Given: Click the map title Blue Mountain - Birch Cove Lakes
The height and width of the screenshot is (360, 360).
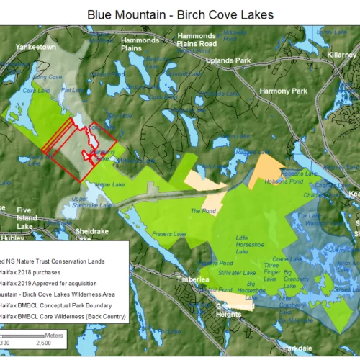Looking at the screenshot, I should pyautogui.click(x=180, y=14).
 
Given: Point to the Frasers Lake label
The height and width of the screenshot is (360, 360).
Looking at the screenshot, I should pyautogui.click(x=168, y=233).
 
